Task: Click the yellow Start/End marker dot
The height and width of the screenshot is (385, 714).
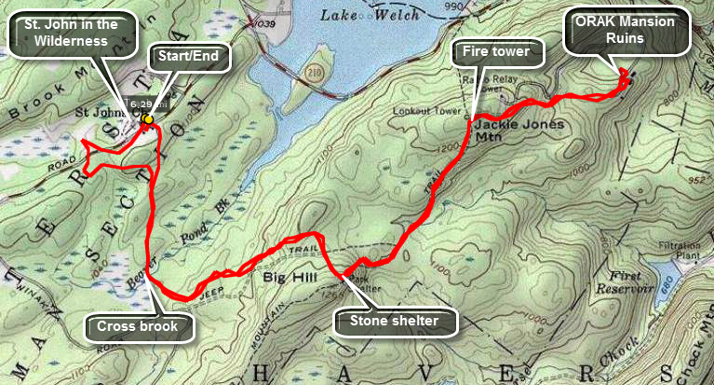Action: [147, 118]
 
